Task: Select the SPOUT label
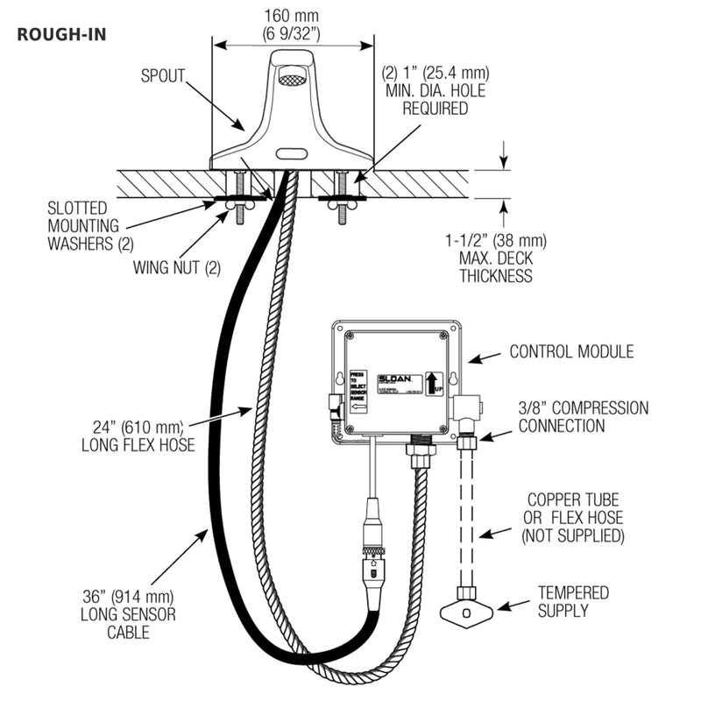162,75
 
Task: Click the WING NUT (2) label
177,268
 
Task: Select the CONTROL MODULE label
571,352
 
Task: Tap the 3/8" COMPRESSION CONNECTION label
583,417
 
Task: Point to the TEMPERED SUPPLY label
573,601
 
